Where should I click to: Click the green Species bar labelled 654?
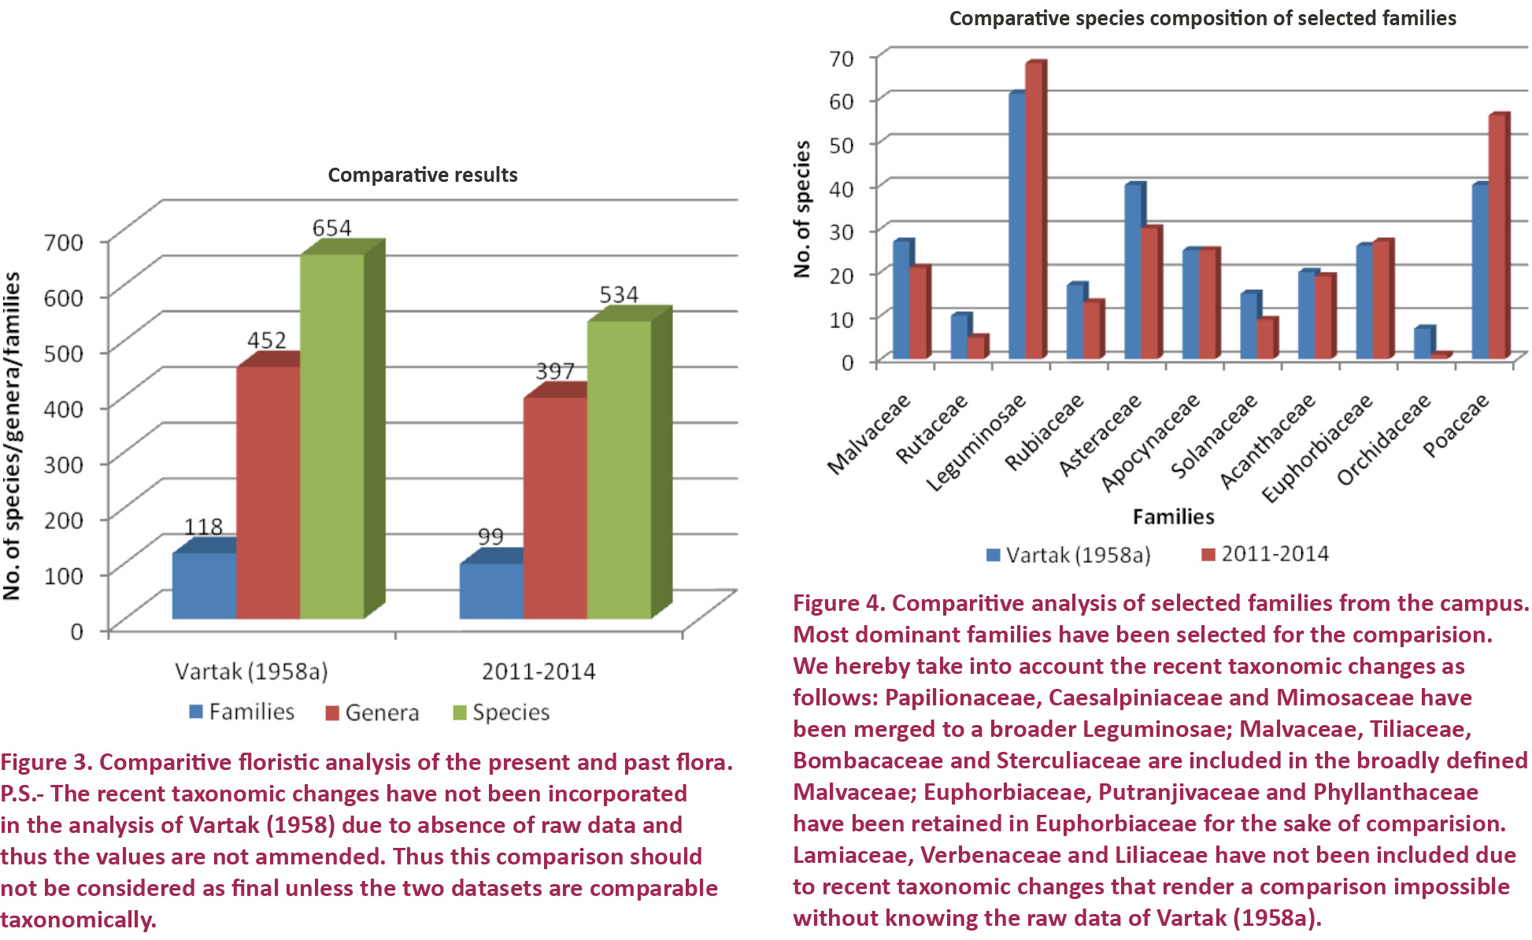[x=331, y=437]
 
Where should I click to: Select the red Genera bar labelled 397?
[x=555, y=508]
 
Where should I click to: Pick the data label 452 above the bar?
[x=267, y=340]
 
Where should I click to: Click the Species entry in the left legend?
[x=501, y=712]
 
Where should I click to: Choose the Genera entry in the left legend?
[x=372, y=712]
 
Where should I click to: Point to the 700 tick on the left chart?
[x=64, y=242]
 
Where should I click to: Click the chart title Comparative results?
[x=423, y=175]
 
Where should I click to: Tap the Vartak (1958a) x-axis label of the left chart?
[x=251, y=672]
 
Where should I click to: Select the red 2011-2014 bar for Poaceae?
[x=1497, y=236]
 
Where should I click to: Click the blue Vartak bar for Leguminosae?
[x=1017, y=226]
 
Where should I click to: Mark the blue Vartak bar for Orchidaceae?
[x=1422, y=343]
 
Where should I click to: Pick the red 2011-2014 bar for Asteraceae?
[x=1149, y=293]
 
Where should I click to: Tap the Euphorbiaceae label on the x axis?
[x=1318, y=447]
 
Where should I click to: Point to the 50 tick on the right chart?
[x=841, y=144]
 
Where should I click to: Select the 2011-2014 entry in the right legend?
[x=1265, y=554]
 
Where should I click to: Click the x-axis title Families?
[x=1173, y=516]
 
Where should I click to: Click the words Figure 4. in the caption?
[x=838, y=603]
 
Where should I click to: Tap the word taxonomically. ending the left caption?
[x=79, y=920]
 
